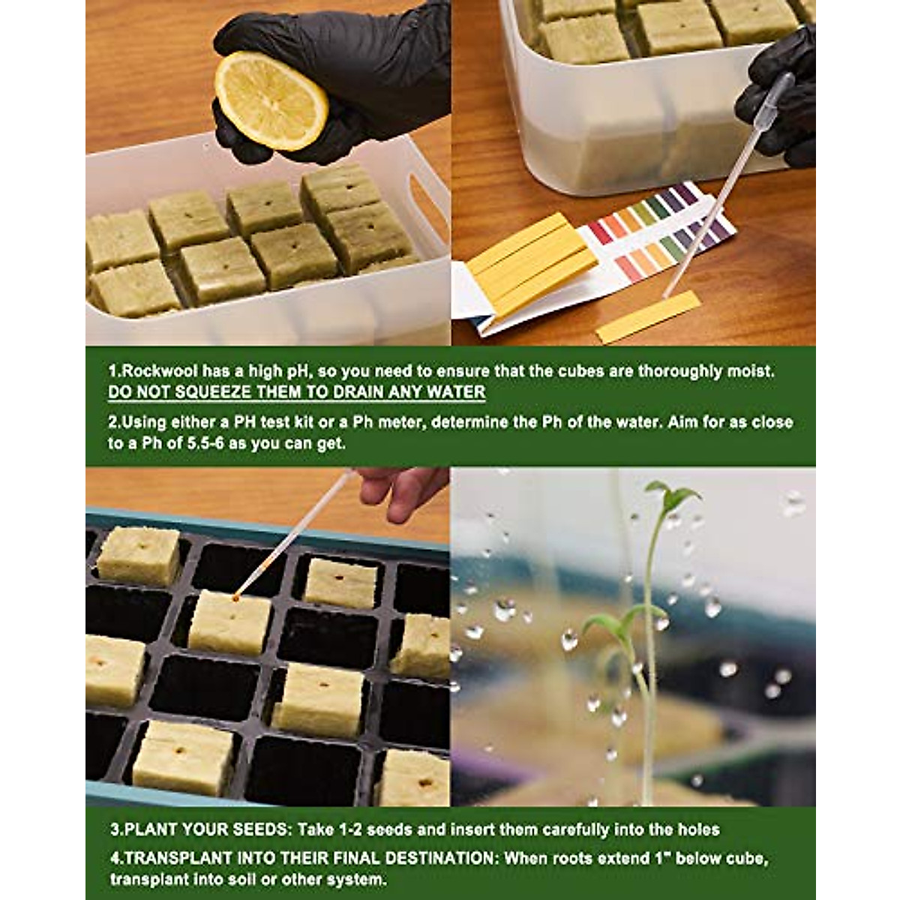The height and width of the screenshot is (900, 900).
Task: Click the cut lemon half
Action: (271, 100)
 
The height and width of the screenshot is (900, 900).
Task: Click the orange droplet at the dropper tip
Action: (236, 597)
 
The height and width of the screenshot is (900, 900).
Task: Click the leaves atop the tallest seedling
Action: (673, 496)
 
